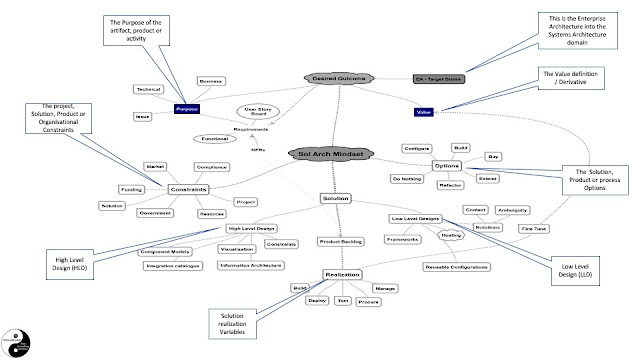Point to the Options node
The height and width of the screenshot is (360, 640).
click(x=447, y=164)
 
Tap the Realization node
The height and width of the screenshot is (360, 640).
click(x=341, y=273)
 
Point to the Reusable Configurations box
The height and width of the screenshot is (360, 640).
click(x=455, y=266)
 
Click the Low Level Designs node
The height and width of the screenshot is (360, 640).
click(x=415, y=217)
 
